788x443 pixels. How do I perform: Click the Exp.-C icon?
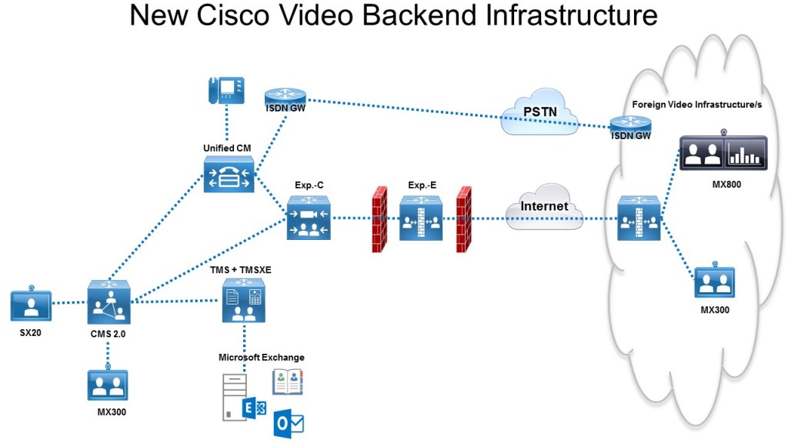pyautogui.click(x=309, y=218)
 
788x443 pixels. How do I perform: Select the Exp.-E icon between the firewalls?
pyautogui.click(x=421, y=218)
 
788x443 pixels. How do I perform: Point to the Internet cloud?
pyautogui.click(x=544, y=207)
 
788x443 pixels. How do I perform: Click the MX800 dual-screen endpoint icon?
pyautogui.click(x=723, y=153)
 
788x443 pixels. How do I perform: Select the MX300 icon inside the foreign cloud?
pyautogui.click(x=715, y=282)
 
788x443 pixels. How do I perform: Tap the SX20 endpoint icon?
pyautogui.click(x=31, y=305)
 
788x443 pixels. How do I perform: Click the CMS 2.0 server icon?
pyautogui.click(x=108, y=301)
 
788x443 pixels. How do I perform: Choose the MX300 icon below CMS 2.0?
pyautogui.click(x=108, y=385)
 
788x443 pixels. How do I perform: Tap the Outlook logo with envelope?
pyautogui.click(x=290, y=421)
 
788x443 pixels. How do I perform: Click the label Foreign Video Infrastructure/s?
pyautogui.click(x=696, y=104)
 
